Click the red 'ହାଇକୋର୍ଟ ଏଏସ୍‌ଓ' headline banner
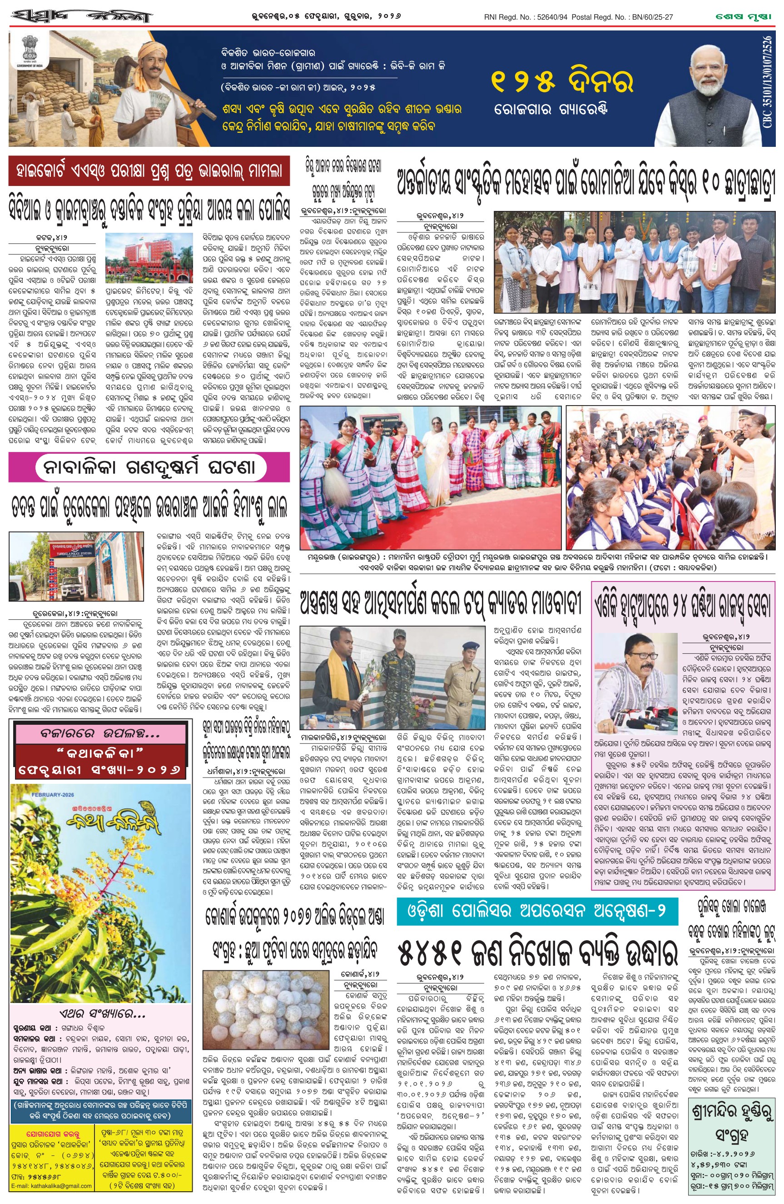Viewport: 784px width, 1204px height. (149, 171)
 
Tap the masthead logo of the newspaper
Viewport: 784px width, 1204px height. (81, 17)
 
